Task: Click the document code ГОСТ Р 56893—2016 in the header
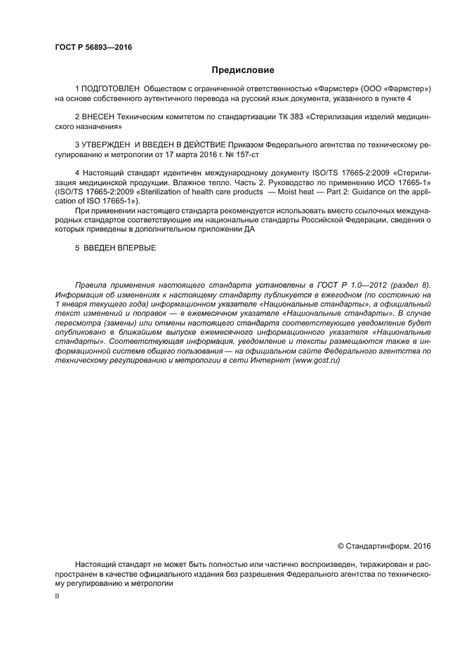(x=93, y=48)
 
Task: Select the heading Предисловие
(x=243, y=70)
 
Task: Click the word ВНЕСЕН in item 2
(x=100, y=117)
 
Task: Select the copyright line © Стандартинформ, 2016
(x=384, y=545)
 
